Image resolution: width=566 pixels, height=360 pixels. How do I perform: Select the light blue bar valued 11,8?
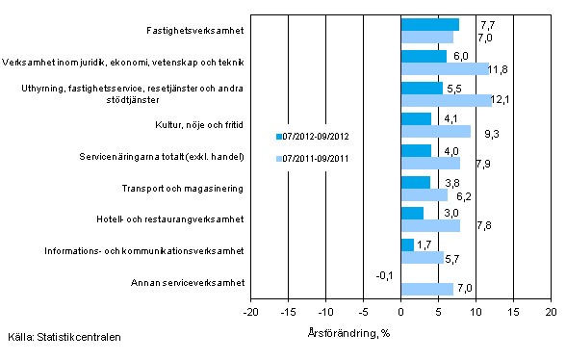(445, 68)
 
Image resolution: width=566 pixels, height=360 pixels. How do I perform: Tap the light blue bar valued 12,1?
(446, 100)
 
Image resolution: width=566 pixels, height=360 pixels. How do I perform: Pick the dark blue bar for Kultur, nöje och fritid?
(416, 118)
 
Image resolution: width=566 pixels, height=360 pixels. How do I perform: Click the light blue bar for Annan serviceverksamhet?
(426, 289)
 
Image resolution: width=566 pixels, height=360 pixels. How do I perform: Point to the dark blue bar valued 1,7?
(407, 244)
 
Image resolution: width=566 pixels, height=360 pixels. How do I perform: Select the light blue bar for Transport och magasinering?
(424, 194)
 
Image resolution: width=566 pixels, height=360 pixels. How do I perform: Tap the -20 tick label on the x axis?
(250, 314)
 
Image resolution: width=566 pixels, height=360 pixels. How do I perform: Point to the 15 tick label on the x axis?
(513, 314)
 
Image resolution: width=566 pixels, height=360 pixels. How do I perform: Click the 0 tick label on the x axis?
(400, 314)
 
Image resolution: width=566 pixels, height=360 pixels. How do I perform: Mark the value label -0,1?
(385, 276)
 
